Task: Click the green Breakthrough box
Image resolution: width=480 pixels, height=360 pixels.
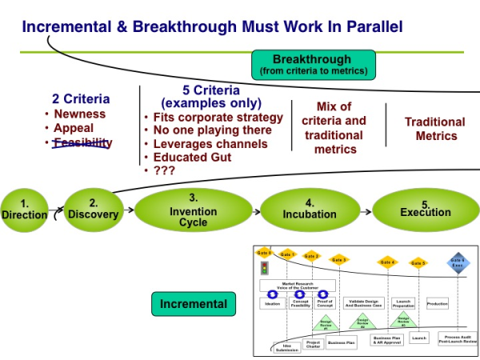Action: click(312, 65)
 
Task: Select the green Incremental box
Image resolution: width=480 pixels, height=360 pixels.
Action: click(193, 304)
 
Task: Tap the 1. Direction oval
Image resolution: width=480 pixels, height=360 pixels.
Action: click(24, 209)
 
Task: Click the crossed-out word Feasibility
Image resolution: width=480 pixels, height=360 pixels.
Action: click(82, 143)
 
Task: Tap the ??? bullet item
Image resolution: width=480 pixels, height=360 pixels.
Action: click(165, 170)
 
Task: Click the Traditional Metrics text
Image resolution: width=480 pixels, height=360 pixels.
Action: click(434, 129)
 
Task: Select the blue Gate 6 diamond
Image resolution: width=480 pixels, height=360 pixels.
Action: click(458, 262)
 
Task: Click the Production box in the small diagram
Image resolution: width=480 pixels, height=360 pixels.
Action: click(438, 304)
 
